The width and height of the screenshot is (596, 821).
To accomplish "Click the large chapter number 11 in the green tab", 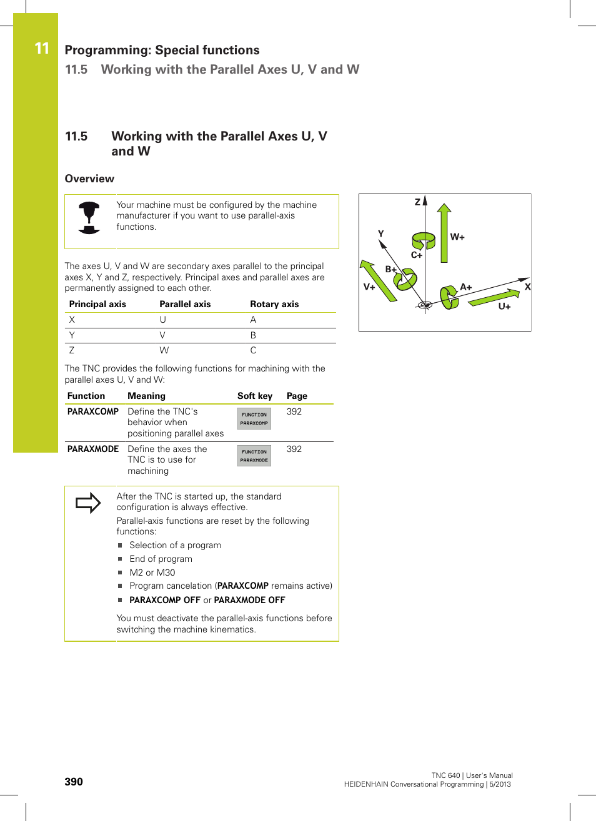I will click(42, 49).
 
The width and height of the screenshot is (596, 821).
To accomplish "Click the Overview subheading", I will click(89, 179).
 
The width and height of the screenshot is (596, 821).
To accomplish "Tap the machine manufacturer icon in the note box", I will click(89, 217).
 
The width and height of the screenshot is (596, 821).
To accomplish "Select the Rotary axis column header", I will click(274, 304).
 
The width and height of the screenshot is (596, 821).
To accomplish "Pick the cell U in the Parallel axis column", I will click(163, 320).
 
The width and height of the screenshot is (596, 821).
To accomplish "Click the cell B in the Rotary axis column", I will click(253, 335).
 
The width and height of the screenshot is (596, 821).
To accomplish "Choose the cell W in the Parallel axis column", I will click(164, 350).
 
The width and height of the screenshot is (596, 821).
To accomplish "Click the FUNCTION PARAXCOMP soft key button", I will click(254, 418).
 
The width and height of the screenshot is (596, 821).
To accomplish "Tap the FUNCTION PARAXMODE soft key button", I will click(254, 456).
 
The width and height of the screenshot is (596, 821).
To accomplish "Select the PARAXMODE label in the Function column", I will click(93, 449).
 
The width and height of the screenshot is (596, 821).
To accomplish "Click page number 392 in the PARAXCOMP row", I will click(294, 411).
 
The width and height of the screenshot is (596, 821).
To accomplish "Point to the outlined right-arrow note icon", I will click(88, 503).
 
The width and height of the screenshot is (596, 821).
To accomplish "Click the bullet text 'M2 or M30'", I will click(152, 573).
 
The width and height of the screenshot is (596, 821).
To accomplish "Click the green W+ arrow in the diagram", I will click(444, 233).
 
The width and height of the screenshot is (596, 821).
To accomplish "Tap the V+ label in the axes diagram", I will click(369, 287).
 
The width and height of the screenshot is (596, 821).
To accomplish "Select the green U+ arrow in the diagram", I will click(494, 298).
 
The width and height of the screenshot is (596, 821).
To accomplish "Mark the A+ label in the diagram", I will click(466, 287).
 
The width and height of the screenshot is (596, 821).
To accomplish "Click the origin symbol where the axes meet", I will click(425, 305).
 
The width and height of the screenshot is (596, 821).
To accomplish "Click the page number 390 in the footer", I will click(74, 782).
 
